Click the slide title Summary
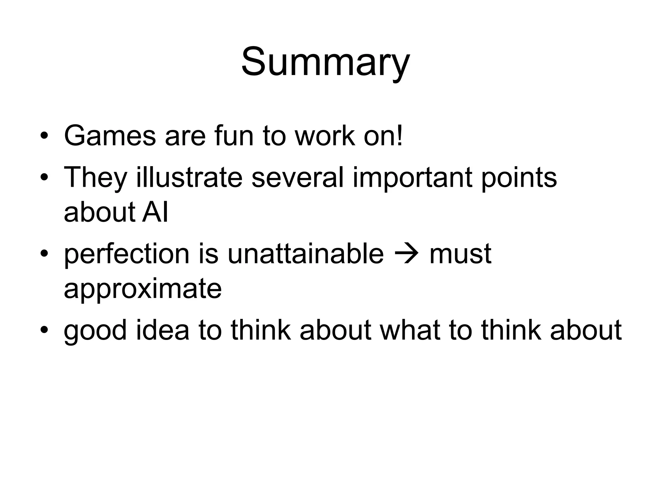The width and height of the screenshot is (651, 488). pos(325,62)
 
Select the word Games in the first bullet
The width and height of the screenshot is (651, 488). pos(110,136)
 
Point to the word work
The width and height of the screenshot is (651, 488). pos(325,136)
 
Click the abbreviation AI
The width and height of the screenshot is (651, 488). pos(155,212)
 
